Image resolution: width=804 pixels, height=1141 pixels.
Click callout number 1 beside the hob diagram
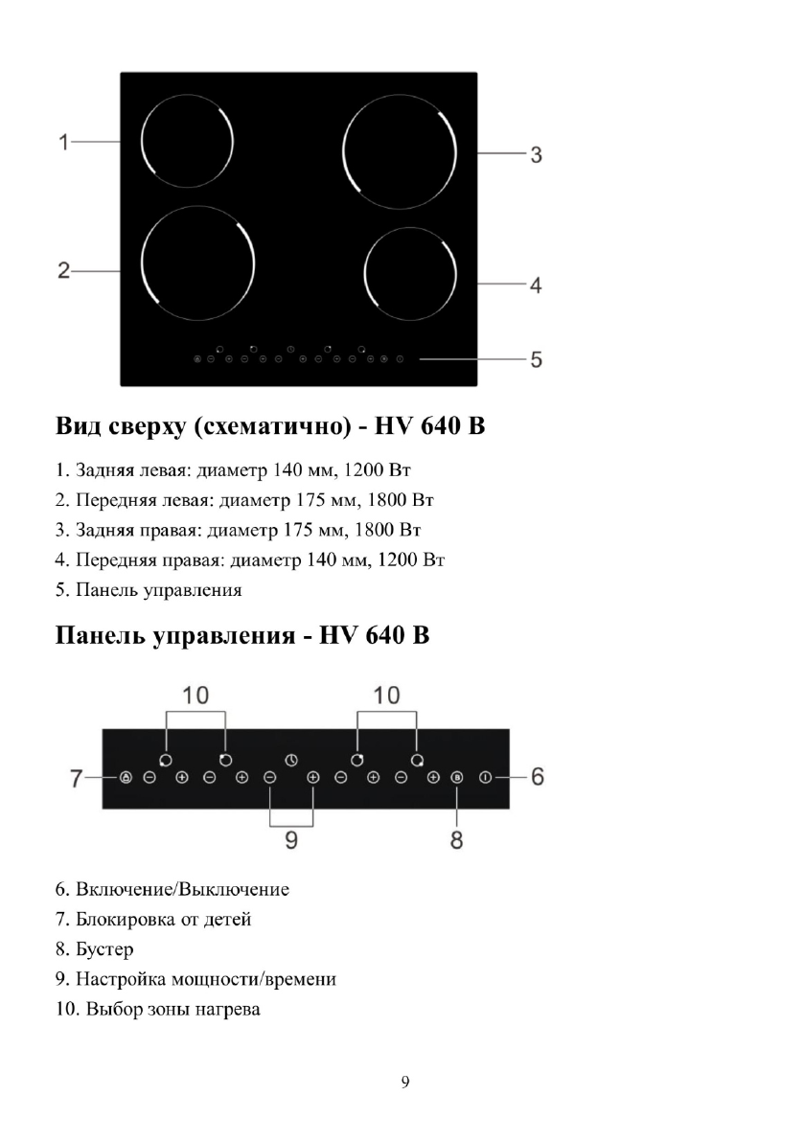tap(63, 143)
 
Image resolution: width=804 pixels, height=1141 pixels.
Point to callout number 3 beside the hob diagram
tap(537, 154)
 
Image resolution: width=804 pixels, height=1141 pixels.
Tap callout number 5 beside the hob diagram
tap(537, 359)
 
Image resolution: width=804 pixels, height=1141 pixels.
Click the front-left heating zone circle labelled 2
tap(197, 264)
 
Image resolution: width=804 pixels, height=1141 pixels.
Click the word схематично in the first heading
tap(269, 425)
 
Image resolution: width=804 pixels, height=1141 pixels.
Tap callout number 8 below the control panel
tap(457, 840)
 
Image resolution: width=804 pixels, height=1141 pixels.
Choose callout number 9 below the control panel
tap(291, 840)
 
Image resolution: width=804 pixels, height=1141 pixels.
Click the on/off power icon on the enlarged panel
tap(486, 777)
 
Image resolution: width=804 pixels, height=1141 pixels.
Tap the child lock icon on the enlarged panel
tap(126, 777)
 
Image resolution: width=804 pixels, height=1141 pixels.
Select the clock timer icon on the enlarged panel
tap(290, 760)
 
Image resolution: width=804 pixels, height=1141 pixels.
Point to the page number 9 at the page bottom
tap(404, 1083)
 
